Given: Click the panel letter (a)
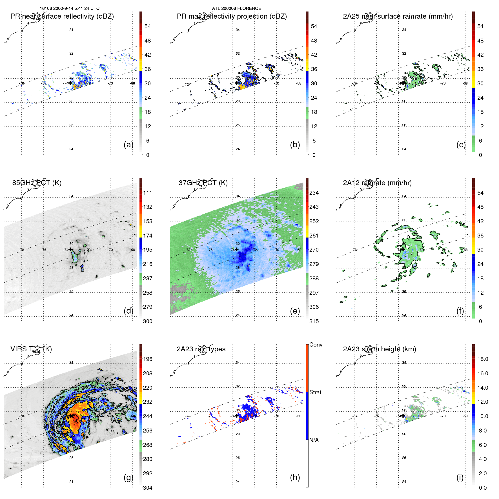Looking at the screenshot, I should pos(128,145).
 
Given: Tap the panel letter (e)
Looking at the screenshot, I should pos(295,311).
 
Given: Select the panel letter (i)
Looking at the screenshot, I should pos(460,477).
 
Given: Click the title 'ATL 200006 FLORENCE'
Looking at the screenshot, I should pos(236,8).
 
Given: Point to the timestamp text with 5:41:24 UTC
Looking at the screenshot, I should pos(70,8).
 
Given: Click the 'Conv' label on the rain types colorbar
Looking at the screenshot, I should pos(316,345).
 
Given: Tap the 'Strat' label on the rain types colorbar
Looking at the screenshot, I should pos(315,392).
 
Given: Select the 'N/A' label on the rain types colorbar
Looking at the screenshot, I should pos(314,440).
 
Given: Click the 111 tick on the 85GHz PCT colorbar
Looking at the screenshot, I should pos(148,193).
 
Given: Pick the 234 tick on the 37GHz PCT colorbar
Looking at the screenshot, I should pos(314,193).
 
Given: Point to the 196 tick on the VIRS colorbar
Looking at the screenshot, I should pos(148,359).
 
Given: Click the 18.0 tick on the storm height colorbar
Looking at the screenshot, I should pos(483,359).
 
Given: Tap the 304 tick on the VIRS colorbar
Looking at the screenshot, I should pos(148,488).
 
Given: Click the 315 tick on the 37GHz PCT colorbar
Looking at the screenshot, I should pos(314,321).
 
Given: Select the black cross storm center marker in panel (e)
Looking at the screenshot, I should pos(237,249).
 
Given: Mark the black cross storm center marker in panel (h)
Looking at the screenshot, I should pos(237,416).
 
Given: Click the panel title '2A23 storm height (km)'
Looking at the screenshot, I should pos(379,349).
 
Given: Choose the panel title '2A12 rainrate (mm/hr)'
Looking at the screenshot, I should pos(377,183).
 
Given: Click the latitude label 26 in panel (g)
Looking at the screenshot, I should pos(71,458).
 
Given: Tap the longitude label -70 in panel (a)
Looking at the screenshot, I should pos(110,83).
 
